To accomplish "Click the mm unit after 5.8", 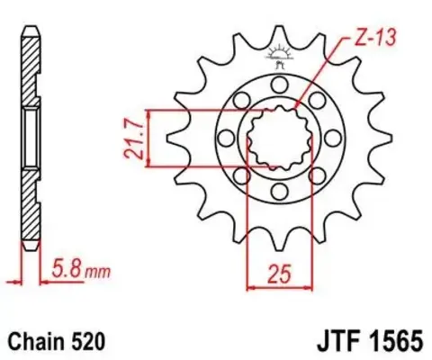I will click(x=94, y=268).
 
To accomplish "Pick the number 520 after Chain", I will click(x=90, y=342).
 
